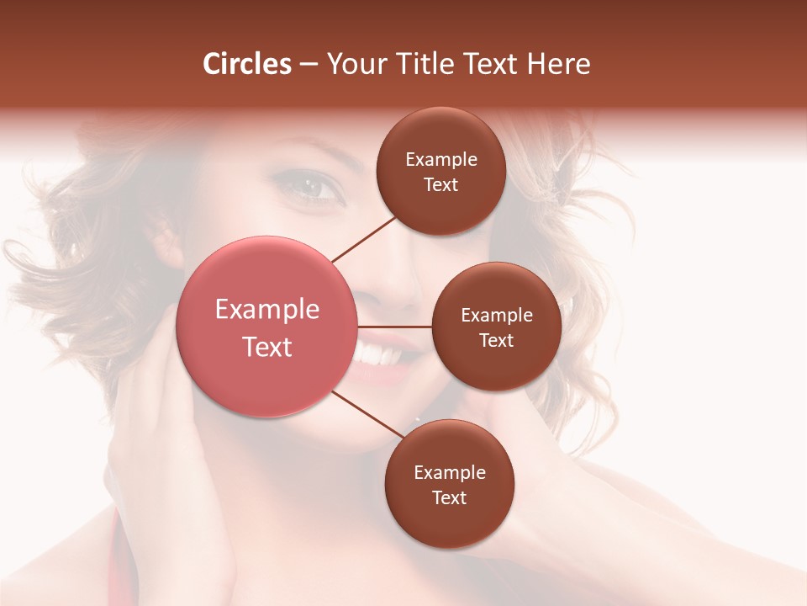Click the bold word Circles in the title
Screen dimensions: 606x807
pyautogui.click(x=246, y=64)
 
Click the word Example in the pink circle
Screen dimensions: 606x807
pyautogui.click(x=267, y=310)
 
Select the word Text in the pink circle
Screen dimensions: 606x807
pyautogui.click(x=267, y=347)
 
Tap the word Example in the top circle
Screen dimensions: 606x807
pyautogui.click(x=441, y=160)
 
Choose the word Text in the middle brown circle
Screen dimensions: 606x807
pyautogui.click(x=496, y=340)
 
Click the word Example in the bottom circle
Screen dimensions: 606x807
pyautogui.click(x=450, y=473)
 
